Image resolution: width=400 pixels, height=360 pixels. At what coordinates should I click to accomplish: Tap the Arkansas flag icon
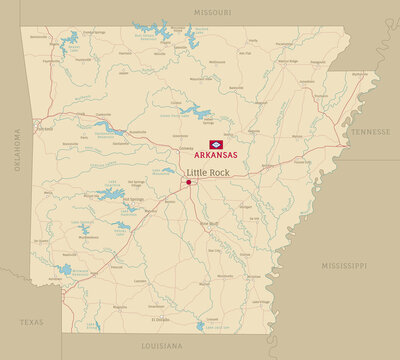click(215, 145)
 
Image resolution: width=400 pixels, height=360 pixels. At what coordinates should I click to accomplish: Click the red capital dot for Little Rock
click(188, 183)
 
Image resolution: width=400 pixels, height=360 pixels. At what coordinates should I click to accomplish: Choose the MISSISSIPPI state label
click(344, 266)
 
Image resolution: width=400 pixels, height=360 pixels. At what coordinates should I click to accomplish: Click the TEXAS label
click(32, 323)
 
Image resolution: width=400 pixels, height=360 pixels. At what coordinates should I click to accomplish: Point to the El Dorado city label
click(160, 319)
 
